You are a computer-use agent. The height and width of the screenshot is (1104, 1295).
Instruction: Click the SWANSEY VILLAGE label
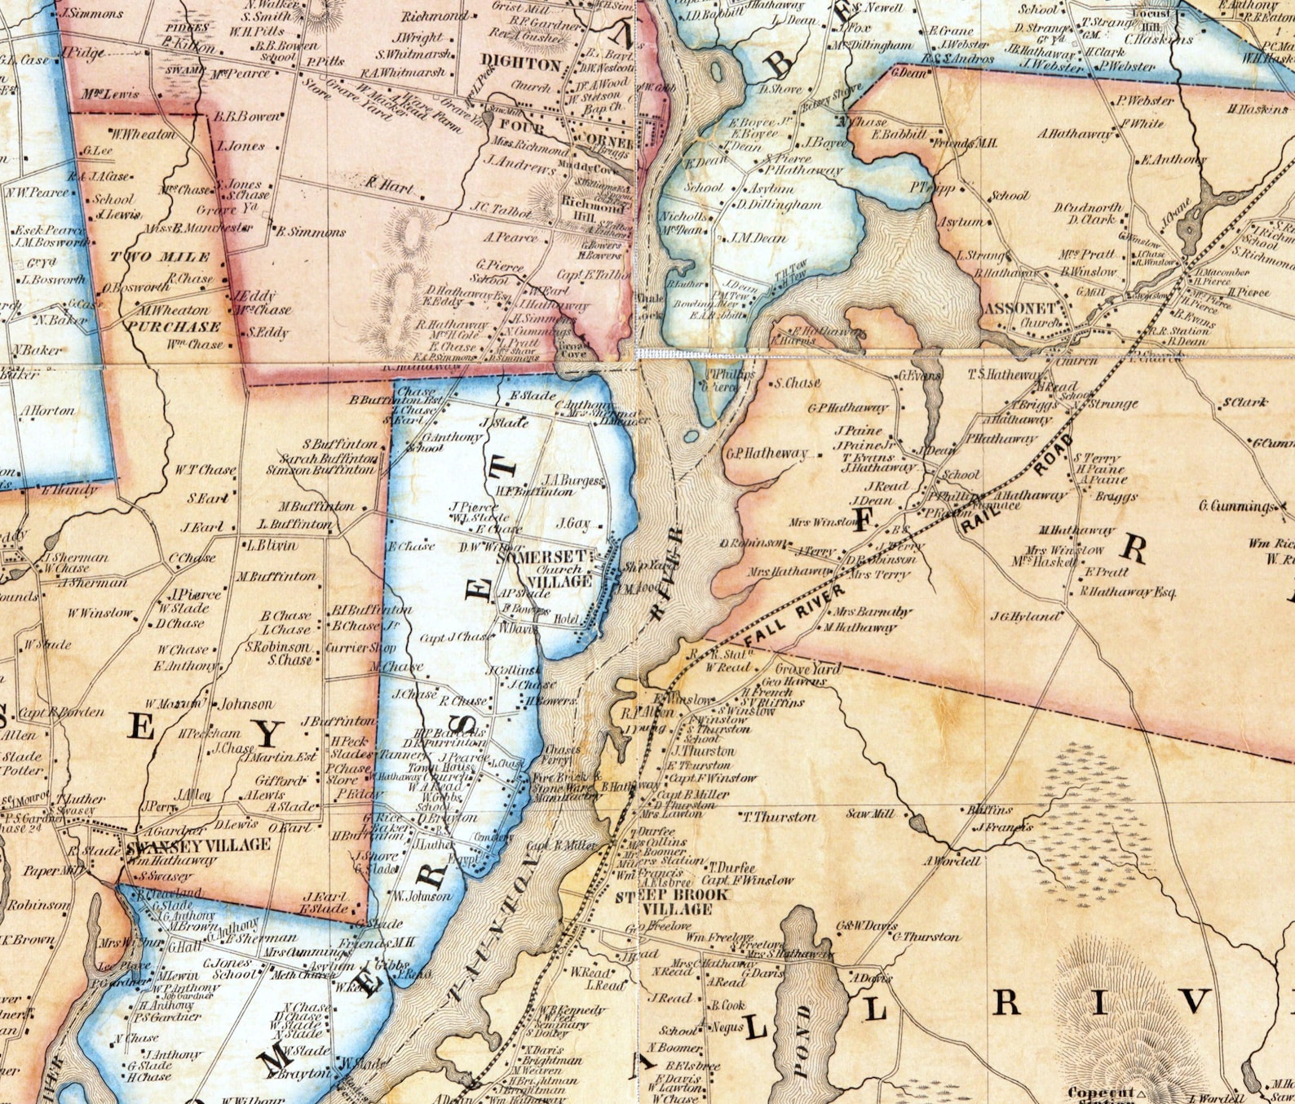pos(199,845)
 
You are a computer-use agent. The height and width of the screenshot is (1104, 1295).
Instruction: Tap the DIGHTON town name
pos(520,64)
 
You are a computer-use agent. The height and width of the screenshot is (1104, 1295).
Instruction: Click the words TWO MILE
pos(160,257)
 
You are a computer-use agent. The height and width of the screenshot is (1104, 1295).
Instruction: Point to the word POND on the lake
pos(802,1043)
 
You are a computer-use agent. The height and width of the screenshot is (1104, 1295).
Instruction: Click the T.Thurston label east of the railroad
pos(779,816)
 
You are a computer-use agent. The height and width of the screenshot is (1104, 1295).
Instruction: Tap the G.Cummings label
pos(1236,506)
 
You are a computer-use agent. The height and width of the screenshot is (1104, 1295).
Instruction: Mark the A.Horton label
pos(48,410)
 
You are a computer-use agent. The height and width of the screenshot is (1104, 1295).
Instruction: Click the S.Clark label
pos(1244,402)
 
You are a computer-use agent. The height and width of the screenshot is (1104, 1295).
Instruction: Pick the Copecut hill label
pos(1102,1093)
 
